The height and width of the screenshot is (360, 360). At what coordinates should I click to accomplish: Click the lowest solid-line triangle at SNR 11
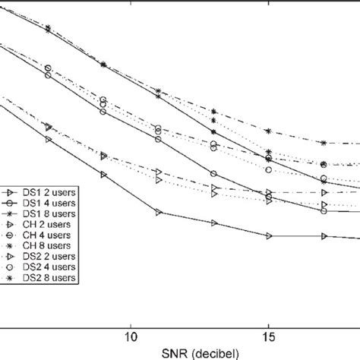[x=158, y=213]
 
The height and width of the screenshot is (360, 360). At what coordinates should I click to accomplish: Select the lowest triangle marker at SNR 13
[x=214, y=223]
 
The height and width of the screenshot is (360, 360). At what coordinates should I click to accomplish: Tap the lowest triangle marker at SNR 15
[x=269, y=236]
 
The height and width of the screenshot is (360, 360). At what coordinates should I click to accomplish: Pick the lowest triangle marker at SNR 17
[x=324, y=236]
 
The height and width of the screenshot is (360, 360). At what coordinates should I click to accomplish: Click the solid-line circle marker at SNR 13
[x=214, y=173]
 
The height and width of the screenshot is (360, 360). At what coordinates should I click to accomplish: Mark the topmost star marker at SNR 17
[x=324, y=143]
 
